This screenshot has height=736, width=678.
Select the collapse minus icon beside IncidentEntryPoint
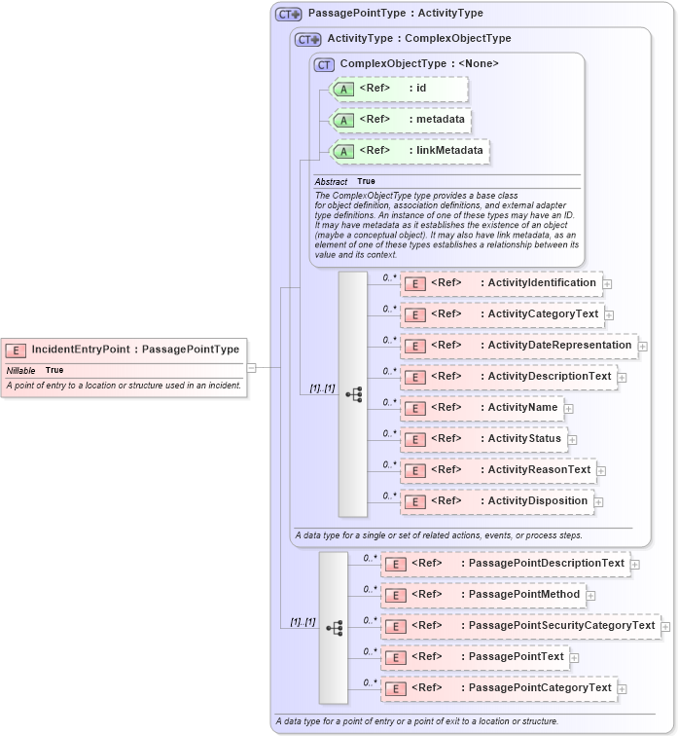click(x=251, y=368)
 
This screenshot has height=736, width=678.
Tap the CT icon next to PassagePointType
click(x=289, y=14)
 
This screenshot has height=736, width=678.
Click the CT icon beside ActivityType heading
click(x=308, y=39)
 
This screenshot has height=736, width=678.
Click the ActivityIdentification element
click(x=502, y=283)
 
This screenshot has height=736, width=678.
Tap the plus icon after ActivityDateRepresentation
click(x=643, y=346)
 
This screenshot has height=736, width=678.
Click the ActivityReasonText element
click(x=499, y=470)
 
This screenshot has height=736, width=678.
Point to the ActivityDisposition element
click(x=498, y=501)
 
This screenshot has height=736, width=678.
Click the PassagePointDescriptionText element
click(x=506, y=564)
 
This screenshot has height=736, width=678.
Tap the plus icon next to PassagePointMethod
click(x=590, y=595)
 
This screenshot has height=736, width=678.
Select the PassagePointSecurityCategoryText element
click(x=521, y=626)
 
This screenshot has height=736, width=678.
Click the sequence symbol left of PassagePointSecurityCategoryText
click(x=334, y=628)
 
